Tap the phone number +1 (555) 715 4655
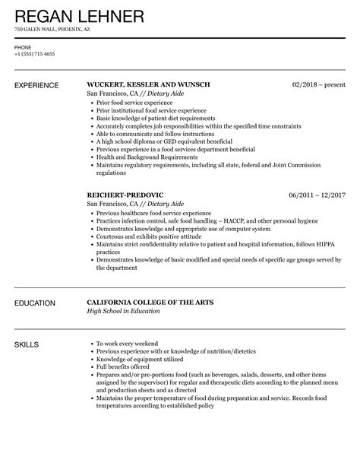tap(34, 55)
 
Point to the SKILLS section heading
tap(29, 345)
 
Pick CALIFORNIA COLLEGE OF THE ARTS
tap(150, 303)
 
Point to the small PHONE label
tap(23, 47)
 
